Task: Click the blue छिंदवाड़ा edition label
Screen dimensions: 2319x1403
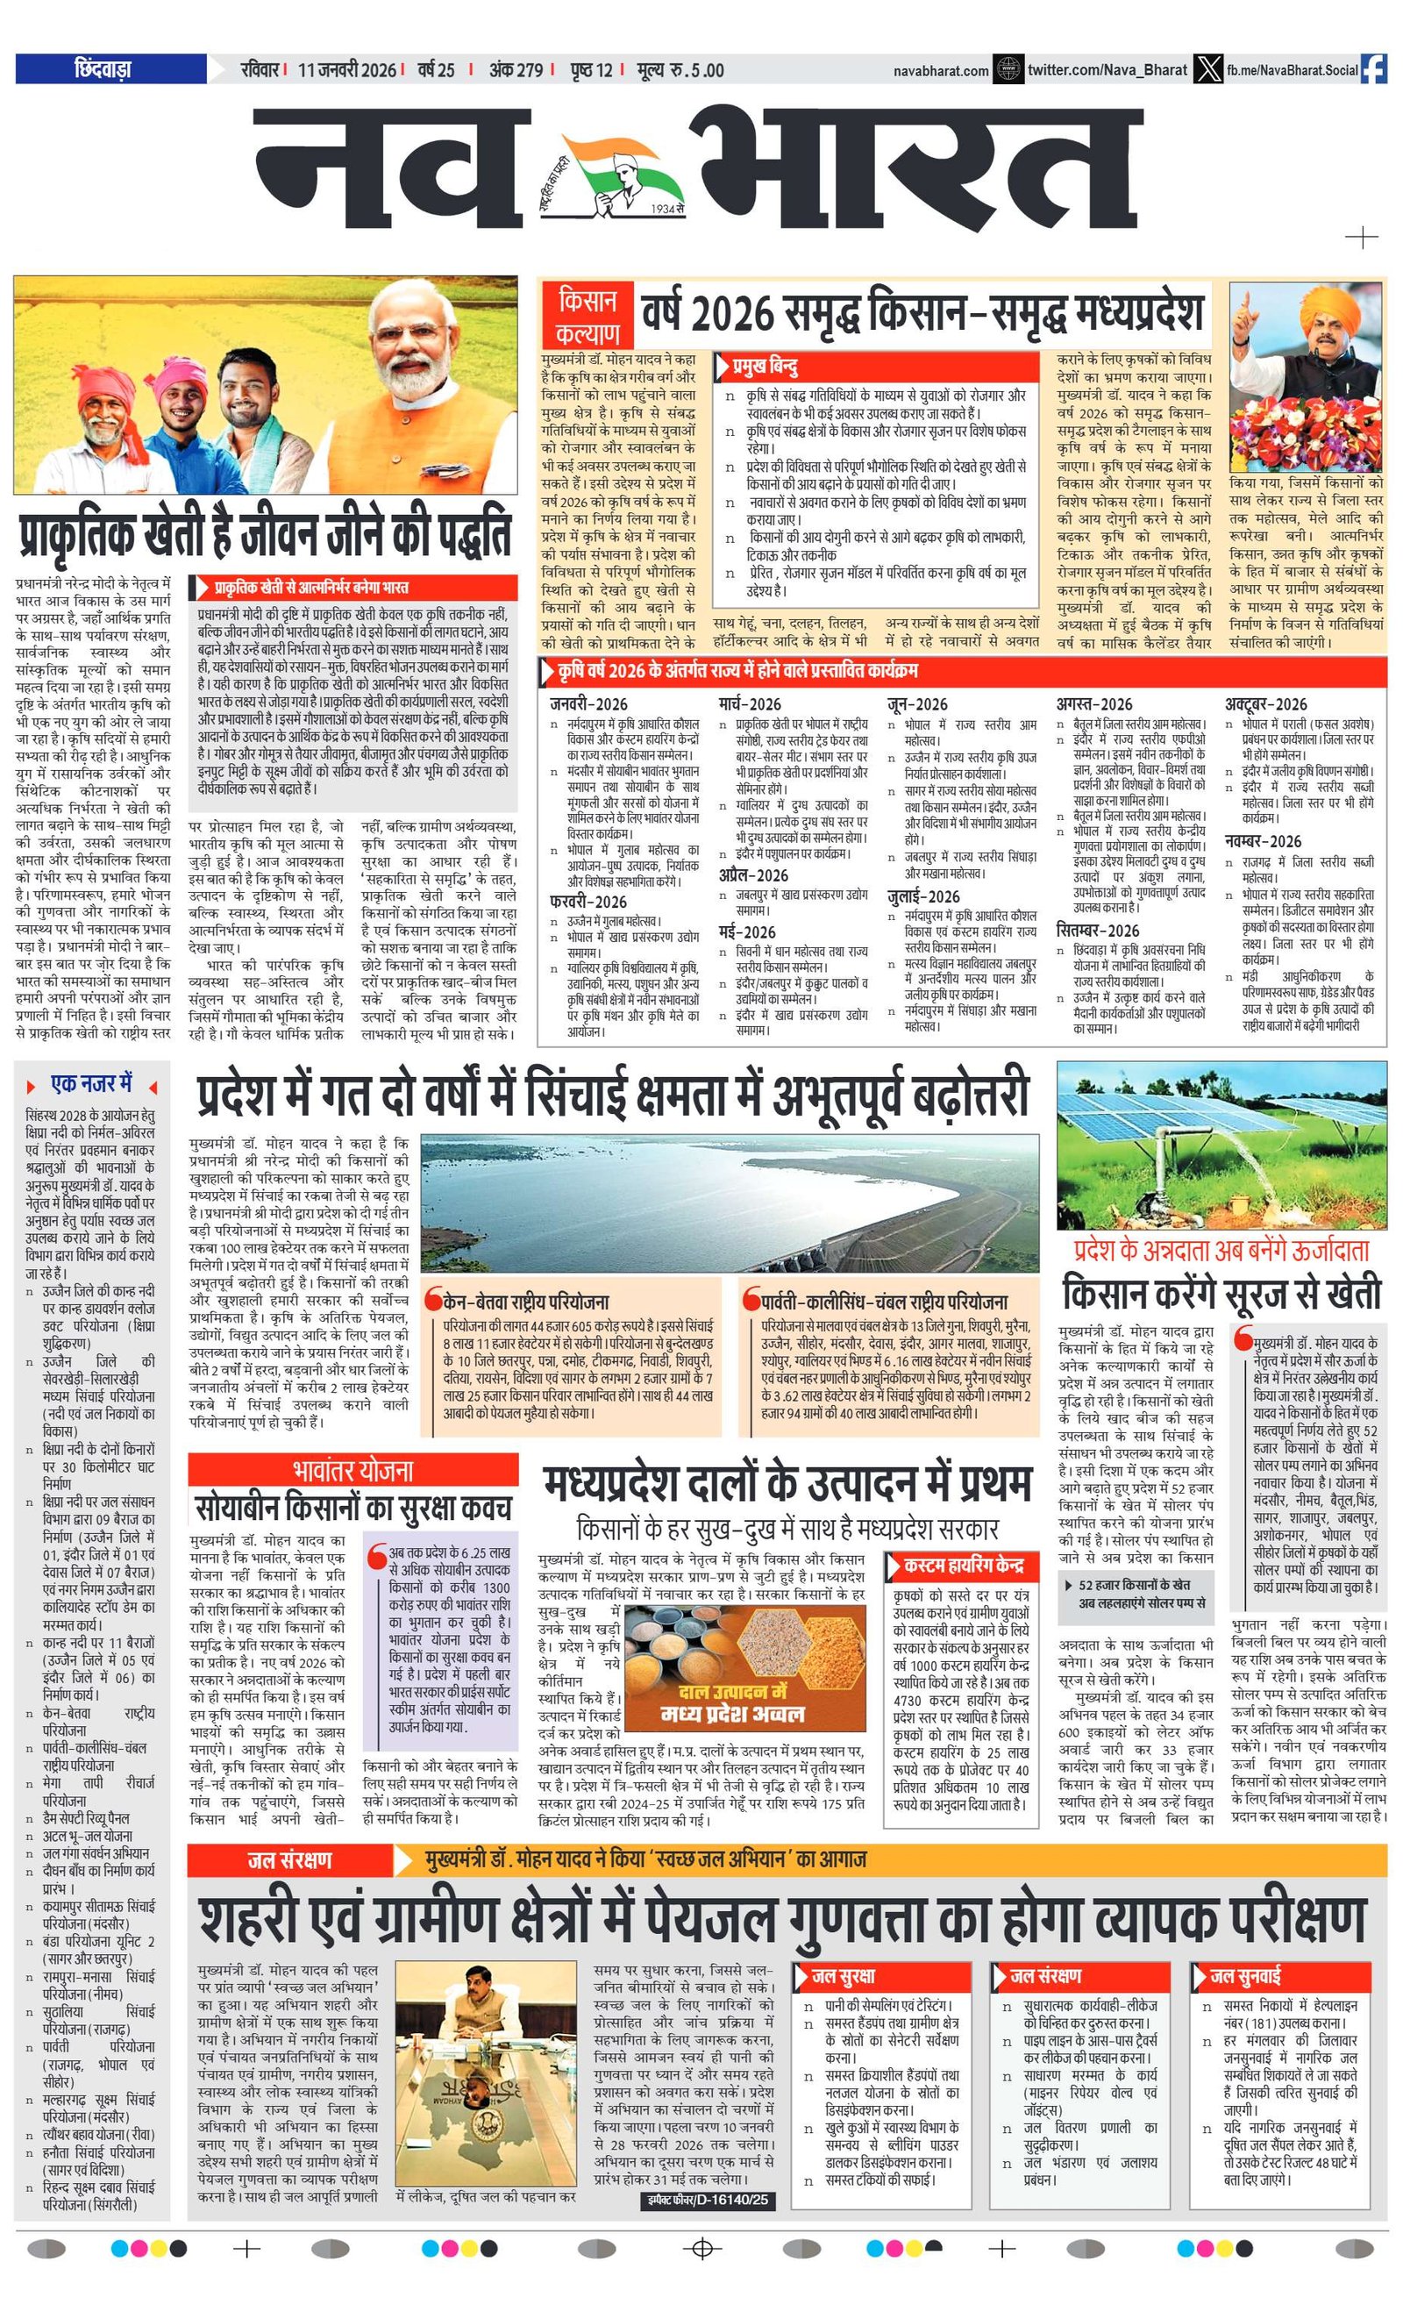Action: pyautogui.click(x=110, y=68)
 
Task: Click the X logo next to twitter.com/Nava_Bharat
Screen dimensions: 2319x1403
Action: pyautogui.click(x=1207, y=69)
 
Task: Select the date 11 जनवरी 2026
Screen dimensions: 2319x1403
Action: pyautogui.click(x=346, y=69)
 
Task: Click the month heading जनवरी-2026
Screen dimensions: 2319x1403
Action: pyautogui.click(x=588, y=703)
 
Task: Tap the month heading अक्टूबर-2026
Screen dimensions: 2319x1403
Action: pyautogui.click(x=1265, y=703)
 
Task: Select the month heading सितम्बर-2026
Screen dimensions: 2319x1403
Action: pyautogui.click(x=1097, y=930)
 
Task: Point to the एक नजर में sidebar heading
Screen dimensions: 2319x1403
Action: pyautogui.click(x=91, y=1084)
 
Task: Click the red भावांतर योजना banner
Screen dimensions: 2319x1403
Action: pyautogui.click(x=353, y=1470)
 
